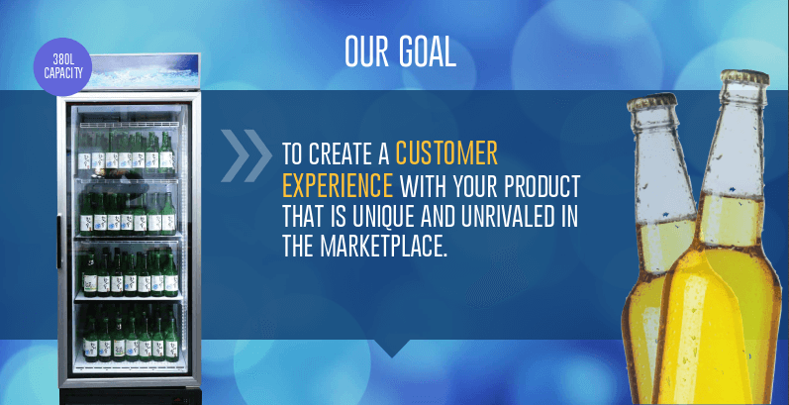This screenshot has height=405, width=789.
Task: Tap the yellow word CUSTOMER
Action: [x=446, y=153]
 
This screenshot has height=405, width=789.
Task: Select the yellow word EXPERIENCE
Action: [x=338, y=185]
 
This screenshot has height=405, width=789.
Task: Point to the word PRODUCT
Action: [x=541, y=185]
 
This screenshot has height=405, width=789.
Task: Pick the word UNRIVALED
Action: [x=506, y=215]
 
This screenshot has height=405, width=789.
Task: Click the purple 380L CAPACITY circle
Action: [x=63, y=67]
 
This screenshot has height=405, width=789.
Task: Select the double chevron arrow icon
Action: [x=247, y=155]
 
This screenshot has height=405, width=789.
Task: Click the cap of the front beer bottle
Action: [x=745, y=77]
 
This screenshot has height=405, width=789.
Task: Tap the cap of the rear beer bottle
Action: [x=652, y=101]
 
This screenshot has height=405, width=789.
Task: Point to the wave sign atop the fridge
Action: [x=146, y=72]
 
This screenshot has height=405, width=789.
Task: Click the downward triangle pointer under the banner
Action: [x=392, y=348]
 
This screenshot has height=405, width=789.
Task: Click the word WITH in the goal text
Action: [x=424, y=185]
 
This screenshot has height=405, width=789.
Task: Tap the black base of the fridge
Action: [x=131, y=396]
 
